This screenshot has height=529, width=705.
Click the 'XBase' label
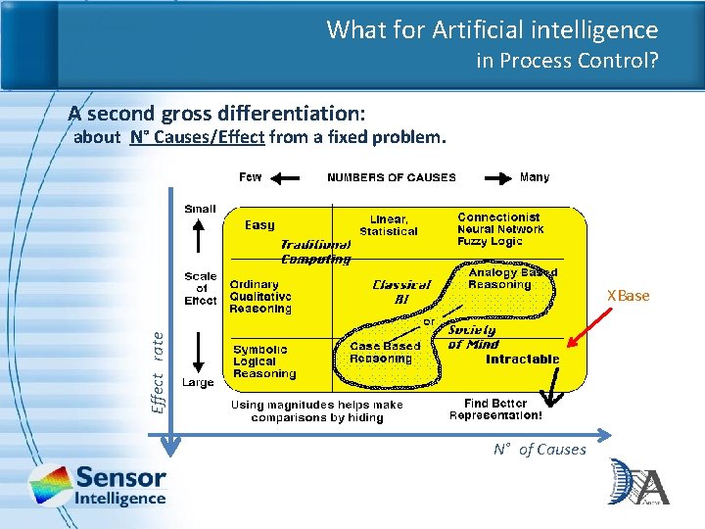[628, 296]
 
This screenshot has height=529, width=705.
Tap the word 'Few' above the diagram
[251, 177]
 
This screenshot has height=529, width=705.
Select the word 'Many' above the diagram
[535, 177]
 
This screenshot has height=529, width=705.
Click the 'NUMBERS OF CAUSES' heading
[391, 177]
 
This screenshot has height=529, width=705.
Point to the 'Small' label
[200, 209]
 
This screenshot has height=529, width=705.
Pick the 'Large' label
[198, 382]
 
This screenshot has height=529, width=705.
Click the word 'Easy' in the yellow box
[259, 225]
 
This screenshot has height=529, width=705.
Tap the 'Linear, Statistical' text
[388, 225]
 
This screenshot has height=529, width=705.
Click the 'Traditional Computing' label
[315, 252]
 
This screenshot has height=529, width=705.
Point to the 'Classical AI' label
[401, 292]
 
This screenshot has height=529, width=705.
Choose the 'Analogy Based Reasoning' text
[512, 278]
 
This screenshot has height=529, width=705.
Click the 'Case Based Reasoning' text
[385, 352]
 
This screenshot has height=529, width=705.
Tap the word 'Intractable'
[523, 360]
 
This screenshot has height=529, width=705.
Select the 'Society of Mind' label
[473, 337]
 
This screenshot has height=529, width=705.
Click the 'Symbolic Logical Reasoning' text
[263, 361]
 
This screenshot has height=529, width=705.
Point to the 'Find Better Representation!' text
[495, 409]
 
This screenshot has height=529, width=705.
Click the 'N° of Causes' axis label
[540, 450]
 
